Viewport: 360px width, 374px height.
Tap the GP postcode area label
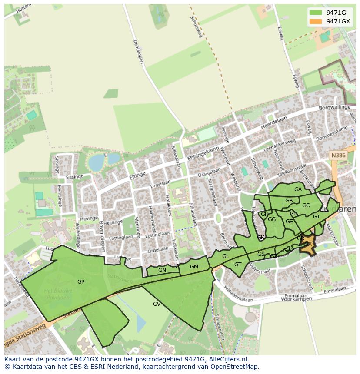click(81, 282)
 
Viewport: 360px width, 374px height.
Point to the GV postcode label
click(157, 304)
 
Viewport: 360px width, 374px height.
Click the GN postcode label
click(162, 270)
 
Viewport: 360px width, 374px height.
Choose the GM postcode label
click(194, 267)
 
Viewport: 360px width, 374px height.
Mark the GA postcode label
click(298, 189)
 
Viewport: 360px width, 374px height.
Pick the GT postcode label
click(238, 265)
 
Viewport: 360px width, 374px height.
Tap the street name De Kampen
click(138, 51)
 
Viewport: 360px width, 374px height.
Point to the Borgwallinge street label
click(334, 107)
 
